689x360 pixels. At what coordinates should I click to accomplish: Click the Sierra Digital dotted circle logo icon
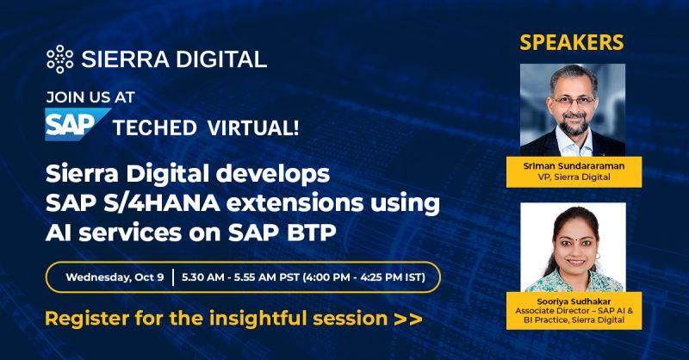tap(59, 59)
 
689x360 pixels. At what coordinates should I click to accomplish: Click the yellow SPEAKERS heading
tap(572, 43)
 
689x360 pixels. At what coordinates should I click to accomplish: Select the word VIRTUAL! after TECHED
tap(253, 128)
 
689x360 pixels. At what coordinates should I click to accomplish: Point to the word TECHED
tap(155, 128)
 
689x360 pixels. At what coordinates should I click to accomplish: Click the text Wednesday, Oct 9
tap(115, 277)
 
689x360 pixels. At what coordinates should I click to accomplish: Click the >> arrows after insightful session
tap(408, 319)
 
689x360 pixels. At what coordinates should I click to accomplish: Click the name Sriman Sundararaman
tap(574, 166)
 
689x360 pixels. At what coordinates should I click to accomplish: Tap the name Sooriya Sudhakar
tap(574, 301)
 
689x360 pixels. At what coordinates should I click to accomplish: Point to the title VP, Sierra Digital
tap(574, 177)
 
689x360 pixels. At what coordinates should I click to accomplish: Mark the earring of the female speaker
tap(597, 256)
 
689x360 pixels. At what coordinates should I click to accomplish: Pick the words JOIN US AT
tap(90, 97)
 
